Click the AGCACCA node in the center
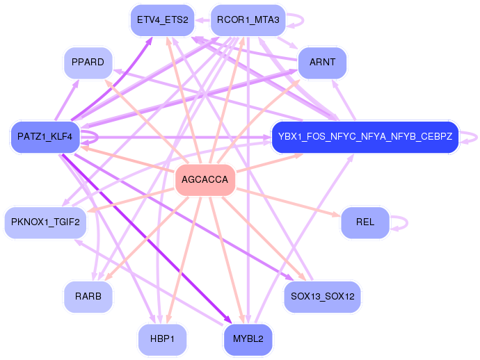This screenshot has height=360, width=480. tap(205, 181)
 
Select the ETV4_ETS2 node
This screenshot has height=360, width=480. tap(163, 19)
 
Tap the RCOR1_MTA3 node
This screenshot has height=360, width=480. tap(248, 19)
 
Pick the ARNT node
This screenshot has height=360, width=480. tap(322, 63)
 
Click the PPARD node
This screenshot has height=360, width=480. tap(88, 63)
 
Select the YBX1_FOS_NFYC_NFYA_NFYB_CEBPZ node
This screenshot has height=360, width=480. tap(365, 136)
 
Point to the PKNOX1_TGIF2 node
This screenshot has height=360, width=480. tap(46, 223)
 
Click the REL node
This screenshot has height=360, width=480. tap(365, 222)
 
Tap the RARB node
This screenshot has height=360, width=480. tap(88, 296)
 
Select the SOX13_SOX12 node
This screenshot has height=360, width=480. tap(322, 297)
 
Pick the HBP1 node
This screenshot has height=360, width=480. tap(162, 340)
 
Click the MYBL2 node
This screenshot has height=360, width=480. tap(248, 340)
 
